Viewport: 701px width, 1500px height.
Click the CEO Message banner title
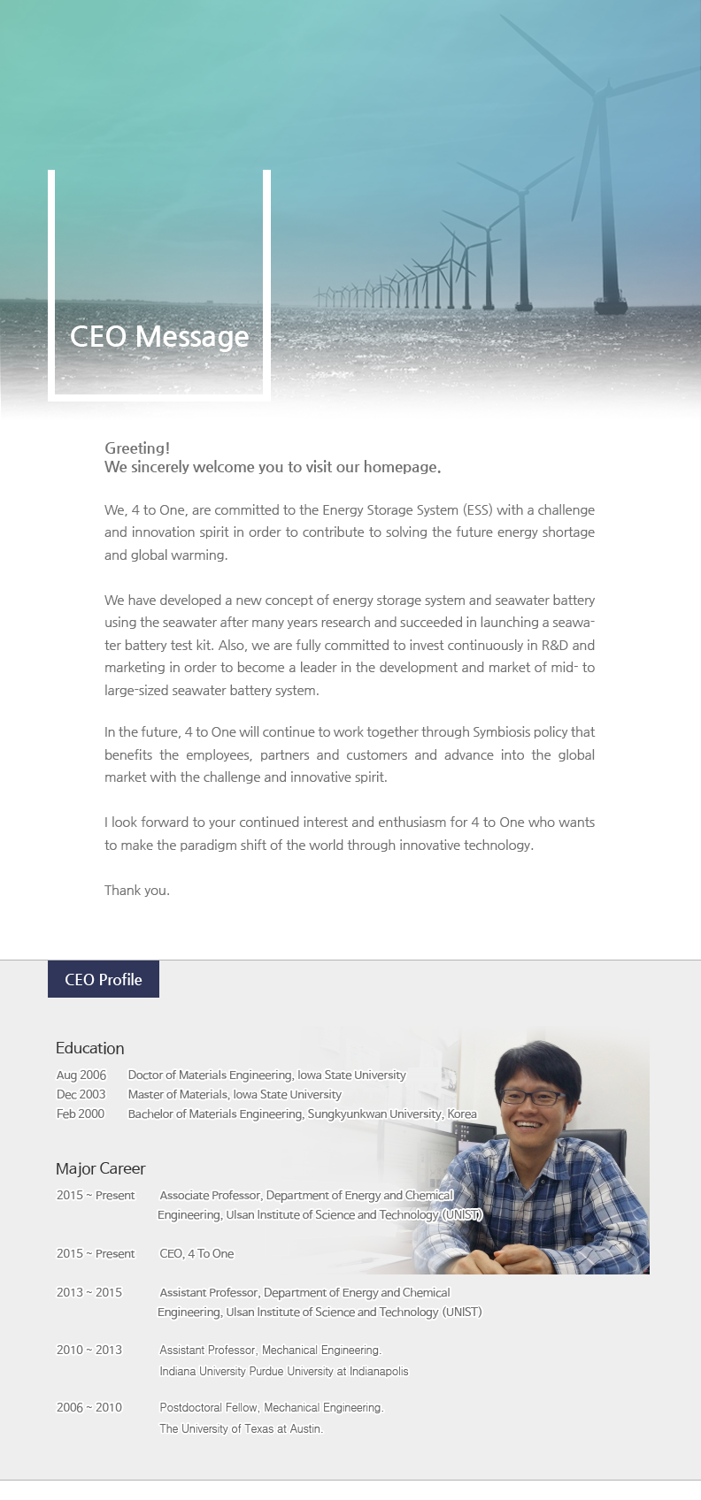coord(159,337)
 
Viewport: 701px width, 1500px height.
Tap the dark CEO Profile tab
coord(104,980)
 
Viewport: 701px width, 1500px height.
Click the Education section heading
coord(90,1048)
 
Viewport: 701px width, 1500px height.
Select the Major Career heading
coord(101,1168)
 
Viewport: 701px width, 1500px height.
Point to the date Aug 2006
coord(81,1075)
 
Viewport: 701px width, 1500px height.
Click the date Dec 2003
coord(81,1095)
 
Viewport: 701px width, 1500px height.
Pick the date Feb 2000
coord(81,1114)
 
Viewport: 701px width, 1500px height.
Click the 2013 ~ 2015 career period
coord(89,1293)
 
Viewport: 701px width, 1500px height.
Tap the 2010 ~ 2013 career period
coord(89,1351)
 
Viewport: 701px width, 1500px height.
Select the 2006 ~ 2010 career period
coord(89,1408)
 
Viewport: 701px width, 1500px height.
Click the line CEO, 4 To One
coord(196,1254)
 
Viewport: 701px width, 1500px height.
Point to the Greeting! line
coord(137,448)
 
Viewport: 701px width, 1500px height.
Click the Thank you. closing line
coord(137,891)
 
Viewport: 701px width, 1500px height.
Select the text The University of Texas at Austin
coord(241,1429)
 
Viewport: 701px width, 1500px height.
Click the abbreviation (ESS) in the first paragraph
coord(478,510)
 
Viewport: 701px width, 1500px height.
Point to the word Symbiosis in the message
coord(502,732)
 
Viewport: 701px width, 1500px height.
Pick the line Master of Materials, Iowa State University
coord(235,1095)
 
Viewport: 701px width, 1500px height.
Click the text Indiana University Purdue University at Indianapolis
coord(284,1372)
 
